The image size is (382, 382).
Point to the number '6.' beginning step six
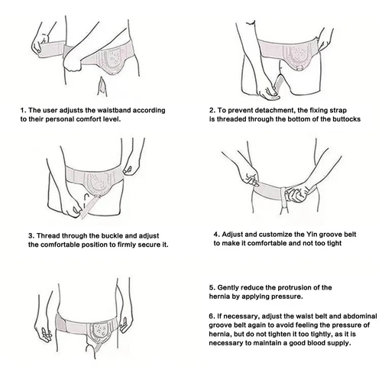tap(211, 314)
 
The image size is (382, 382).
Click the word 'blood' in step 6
tap(312, 343)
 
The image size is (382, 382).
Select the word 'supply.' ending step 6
tap(338, 343)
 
